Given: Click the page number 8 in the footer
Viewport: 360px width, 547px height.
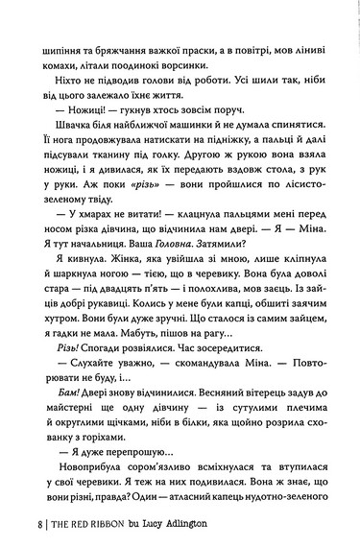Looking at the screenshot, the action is point(36,526).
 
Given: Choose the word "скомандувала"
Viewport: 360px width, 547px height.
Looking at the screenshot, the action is point(187,369).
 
